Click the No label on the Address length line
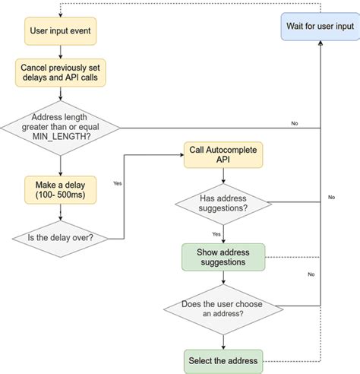294,122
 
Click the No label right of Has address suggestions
331,197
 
